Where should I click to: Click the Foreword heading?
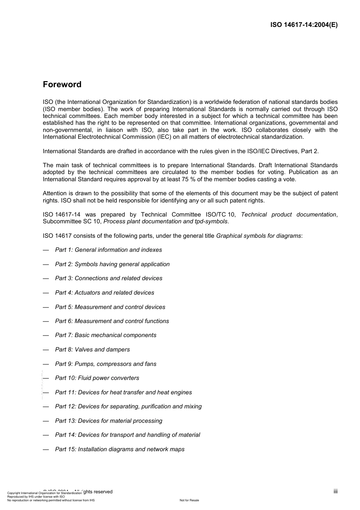(62, 85)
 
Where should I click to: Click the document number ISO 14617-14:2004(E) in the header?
(304, 25)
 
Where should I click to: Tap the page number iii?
(335, 491)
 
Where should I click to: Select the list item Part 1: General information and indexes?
(108, 250)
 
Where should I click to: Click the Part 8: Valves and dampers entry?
(92, 350)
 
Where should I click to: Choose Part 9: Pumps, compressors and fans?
(106, 364)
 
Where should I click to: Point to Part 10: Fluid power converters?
(97, 378)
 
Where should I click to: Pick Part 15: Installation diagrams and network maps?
(120, 449)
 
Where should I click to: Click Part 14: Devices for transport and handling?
(127, 435)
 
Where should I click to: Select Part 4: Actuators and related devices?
(105, 293)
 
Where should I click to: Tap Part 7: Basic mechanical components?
(106, 335)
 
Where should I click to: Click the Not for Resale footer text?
(189, 500)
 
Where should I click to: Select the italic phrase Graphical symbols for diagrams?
(258, 236)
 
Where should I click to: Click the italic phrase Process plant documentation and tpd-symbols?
(166, 221)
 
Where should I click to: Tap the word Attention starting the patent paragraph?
(55, 193)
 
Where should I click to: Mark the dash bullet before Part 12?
(46, 406)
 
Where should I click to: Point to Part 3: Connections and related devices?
(109, 278)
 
